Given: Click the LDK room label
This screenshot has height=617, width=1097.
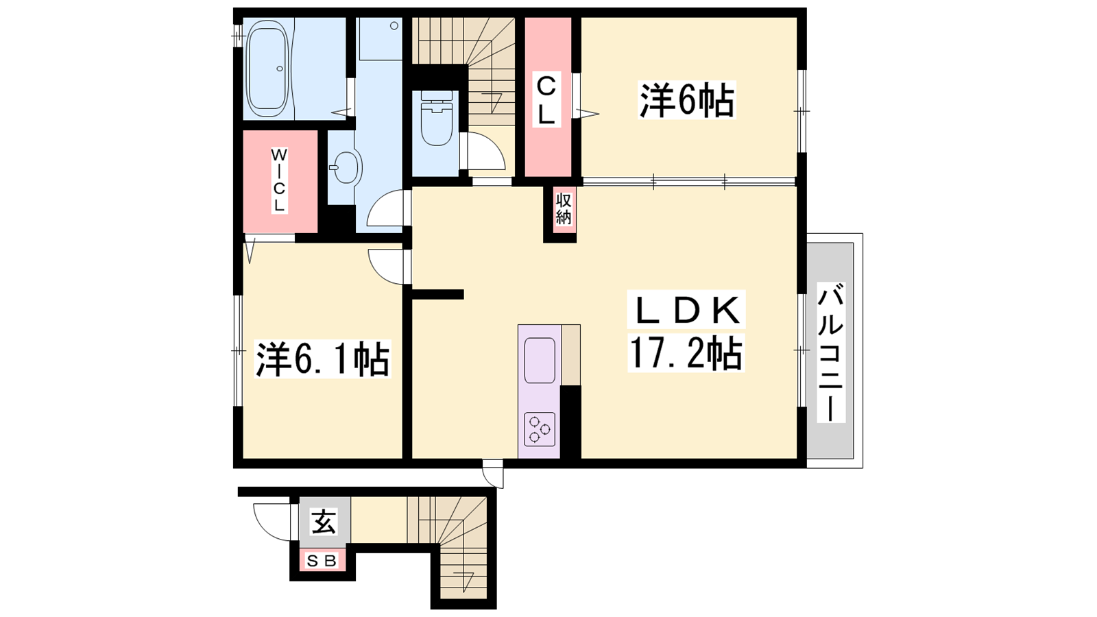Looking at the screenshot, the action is point(686,309).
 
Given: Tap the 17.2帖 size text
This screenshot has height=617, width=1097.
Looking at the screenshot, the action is point(686,353).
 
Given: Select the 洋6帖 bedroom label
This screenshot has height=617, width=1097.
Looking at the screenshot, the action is point(686,100).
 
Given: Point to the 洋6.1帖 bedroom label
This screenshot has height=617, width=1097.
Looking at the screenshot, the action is point(322,359).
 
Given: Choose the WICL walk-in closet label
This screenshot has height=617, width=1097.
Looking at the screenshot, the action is point(279,181).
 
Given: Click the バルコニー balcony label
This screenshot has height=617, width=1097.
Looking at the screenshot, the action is point(830,352).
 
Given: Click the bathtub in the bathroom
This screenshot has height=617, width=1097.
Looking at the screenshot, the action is point(267,69).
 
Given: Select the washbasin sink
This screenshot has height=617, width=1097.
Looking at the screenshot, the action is point(346,167).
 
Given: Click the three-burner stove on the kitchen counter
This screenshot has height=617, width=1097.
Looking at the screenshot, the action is point(540,429).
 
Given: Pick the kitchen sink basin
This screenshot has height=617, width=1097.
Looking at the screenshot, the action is point(540,361).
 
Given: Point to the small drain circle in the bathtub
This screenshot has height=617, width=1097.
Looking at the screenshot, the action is point(280,69).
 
